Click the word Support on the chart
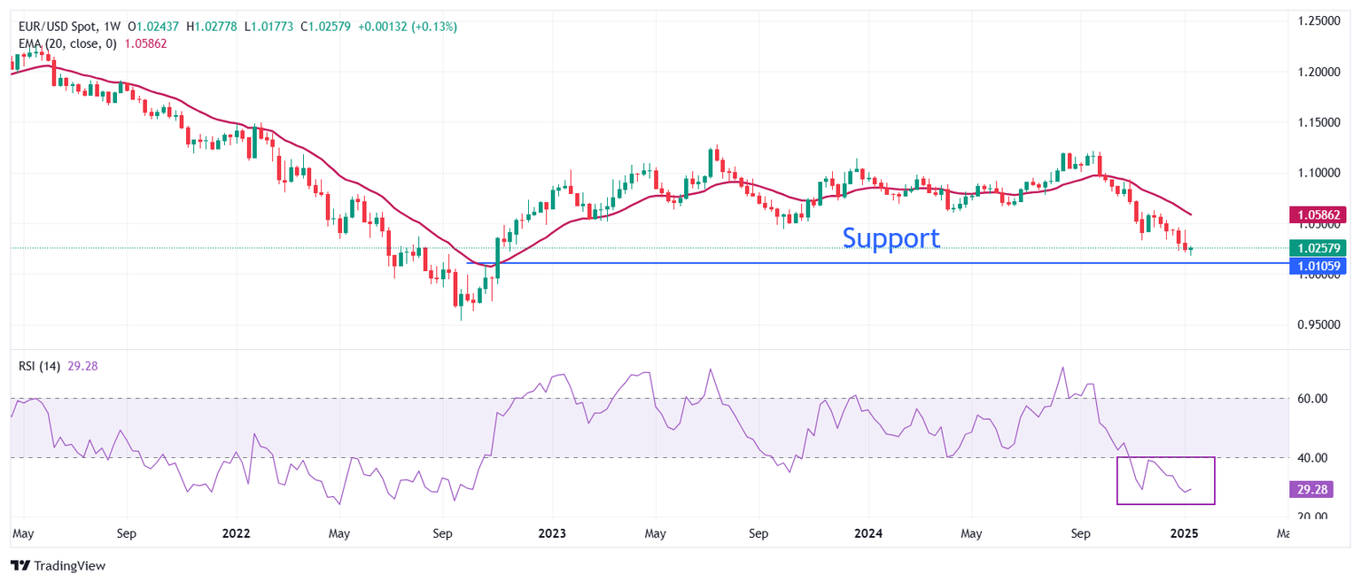point(890,237)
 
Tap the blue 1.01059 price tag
point(1320,266)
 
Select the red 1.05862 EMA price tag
point(1320,214)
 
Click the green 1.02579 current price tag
point(1320,248)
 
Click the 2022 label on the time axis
point(236,534)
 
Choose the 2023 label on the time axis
point(552,534)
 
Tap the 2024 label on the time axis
point(868,534)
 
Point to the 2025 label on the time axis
point(1184,534)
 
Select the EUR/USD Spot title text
point(58,27)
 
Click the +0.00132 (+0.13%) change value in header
point(408,27)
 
